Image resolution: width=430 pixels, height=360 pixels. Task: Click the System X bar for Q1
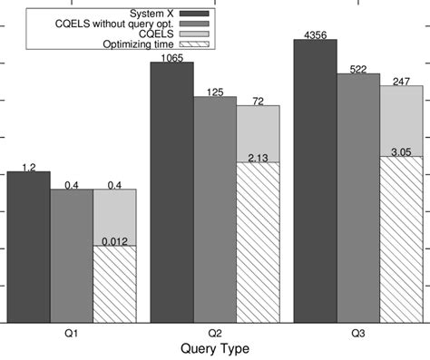(x=28, y=246)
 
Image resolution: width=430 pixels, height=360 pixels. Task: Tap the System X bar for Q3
(x=315, y=180)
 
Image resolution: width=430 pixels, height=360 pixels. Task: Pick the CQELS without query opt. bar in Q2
(x=215, y=209)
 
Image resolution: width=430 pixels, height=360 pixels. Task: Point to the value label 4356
(x=315, y=34)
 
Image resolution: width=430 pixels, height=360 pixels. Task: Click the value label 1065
(x=171, y=57)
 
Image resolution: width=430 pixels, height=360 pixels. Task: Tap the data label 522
(x=357, y=69)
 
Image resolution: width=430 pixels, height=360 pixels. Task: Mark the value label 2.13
(x=258, y=158)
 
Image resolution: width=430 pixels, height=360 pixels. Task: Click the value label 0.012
(x=114, y=241)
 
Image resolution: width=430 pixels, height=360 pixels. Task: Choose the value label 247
(x=401, y=81)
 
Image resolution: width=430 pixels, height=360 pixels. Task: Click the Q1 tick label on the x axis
(x=71, y=334)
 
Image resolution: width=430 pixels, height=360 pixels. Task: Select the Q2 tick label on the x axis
(x=215, y=334)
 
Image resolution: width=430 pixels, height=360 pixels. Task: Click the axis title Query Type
(x=215, y=349)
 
